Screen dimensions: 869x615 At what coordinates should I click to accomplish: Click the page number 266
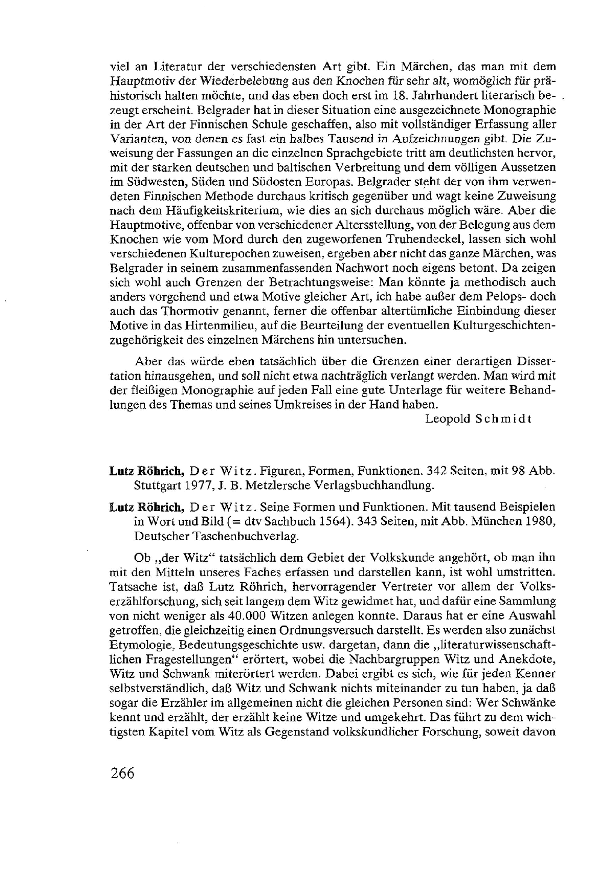pyautogui.click(x=123, y=772)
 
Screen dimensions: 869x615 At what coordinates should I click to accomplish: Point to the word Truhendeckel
pyautogui.click(x=421, y=239)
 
